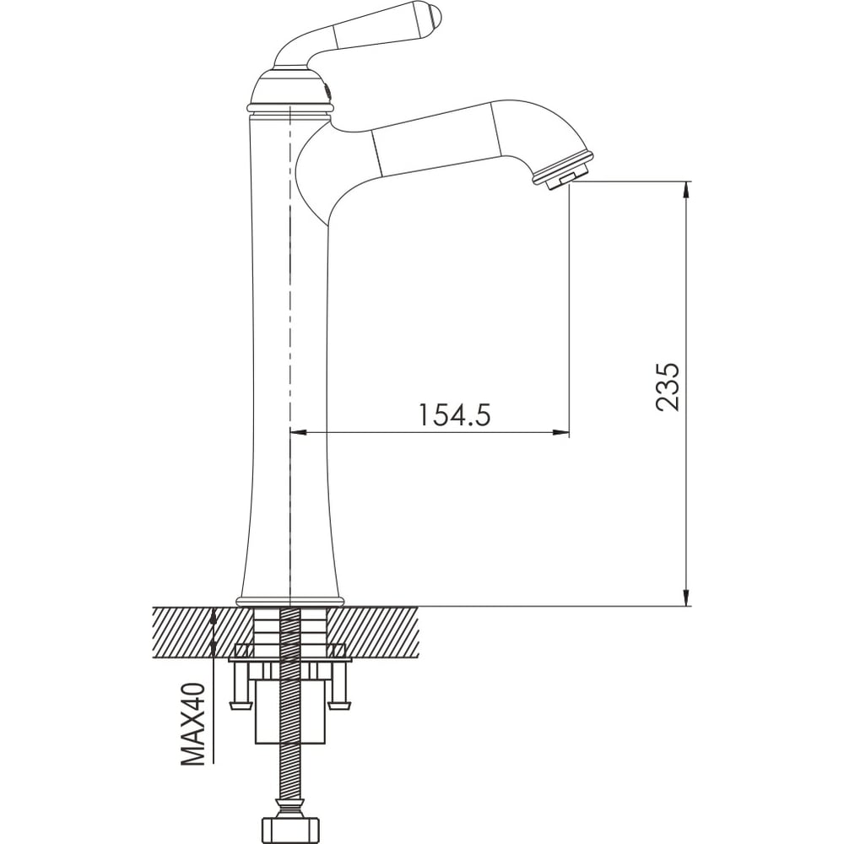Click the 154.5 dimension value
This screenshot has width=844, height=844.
455,414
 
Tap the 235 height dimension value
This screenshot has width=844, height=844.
668,387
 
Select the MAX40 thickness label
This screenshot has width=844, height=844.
193,724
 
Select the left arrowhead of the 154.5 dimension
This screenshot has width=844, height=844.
298,431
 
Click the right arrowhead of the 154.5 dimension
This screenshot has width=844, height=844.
561,431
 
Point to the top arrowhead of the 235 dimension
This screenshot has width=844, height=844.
686,190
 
